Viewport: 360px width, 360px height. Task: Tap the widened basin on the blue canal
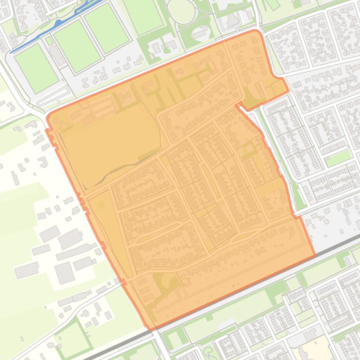point(58,23)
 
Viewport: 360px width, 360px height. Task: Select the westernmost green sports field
point(36,68)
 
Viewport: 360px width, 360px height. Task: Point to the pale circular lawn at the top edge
point(181,10)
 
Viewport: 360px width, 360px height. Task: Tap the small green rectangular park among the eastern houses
point(338,158)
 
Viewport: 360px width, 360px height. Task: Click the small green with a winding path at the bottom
point(211,351)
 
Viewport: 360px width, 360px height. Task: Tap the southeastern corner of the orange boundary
point(315,255)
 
